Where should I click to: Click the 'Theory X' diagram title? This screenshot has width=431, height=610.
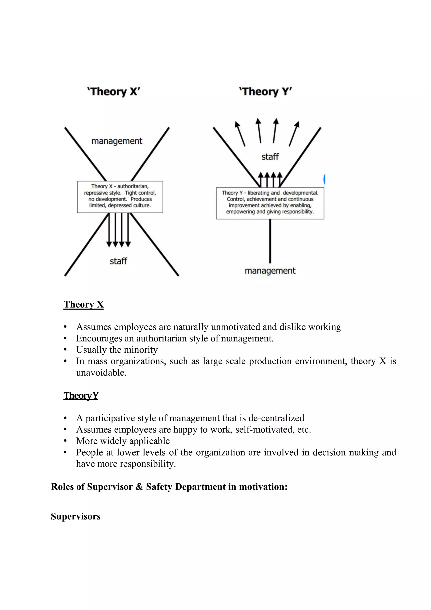point(114,92)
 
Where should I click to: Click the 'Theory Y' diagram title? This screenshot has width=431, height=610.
point(265,92)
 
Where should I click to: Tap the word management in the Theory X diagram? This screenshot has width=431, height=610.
point(117,141)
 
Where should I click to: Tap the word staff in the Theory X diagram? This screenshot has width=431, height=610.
point(118,261)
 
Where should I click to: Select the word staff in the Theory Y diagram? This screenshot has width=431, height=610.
point(270,157)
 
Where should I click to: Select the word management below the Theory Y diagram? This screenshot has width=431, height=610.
point(270,271)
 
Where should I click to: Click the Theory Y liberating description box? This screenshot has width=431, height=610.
point(270,203)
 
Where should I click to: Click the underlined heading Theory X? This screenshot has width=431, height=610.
point(83,304)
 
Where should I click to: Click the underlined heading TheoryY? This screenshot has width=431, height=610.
point(81,396)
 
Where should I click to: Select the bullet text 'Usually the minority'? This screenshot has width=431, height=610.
point(117,350)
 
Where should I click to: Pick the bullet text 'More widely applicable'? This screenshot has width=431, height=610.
point(123,441)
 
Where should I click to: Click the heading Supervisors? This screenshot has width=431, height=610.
point(76,516)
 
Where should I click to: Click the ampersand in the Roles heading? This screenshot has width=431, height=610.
point(139,487)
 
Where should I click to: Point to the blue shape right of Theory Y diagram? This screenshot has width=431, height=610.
point(324,179)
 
